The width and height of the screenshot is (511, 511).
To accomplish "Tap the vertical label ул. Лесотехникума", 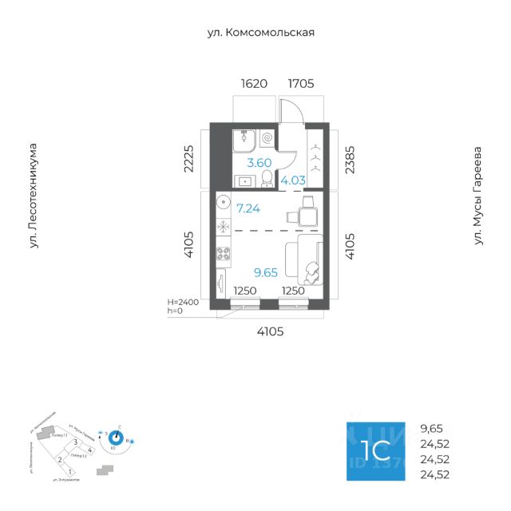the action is coord(34,196).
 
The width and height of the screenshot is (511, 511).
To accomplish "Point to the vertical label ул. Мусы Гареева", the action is coord(478,195).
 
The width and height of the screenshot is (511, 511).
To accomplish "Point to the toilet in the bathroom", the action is coord(269,182).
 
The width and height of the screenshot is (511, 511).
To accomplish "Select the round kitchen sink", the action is coord(224,201).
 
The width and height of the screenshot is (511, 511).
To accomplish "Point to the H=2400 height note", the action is coord(184,302).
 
